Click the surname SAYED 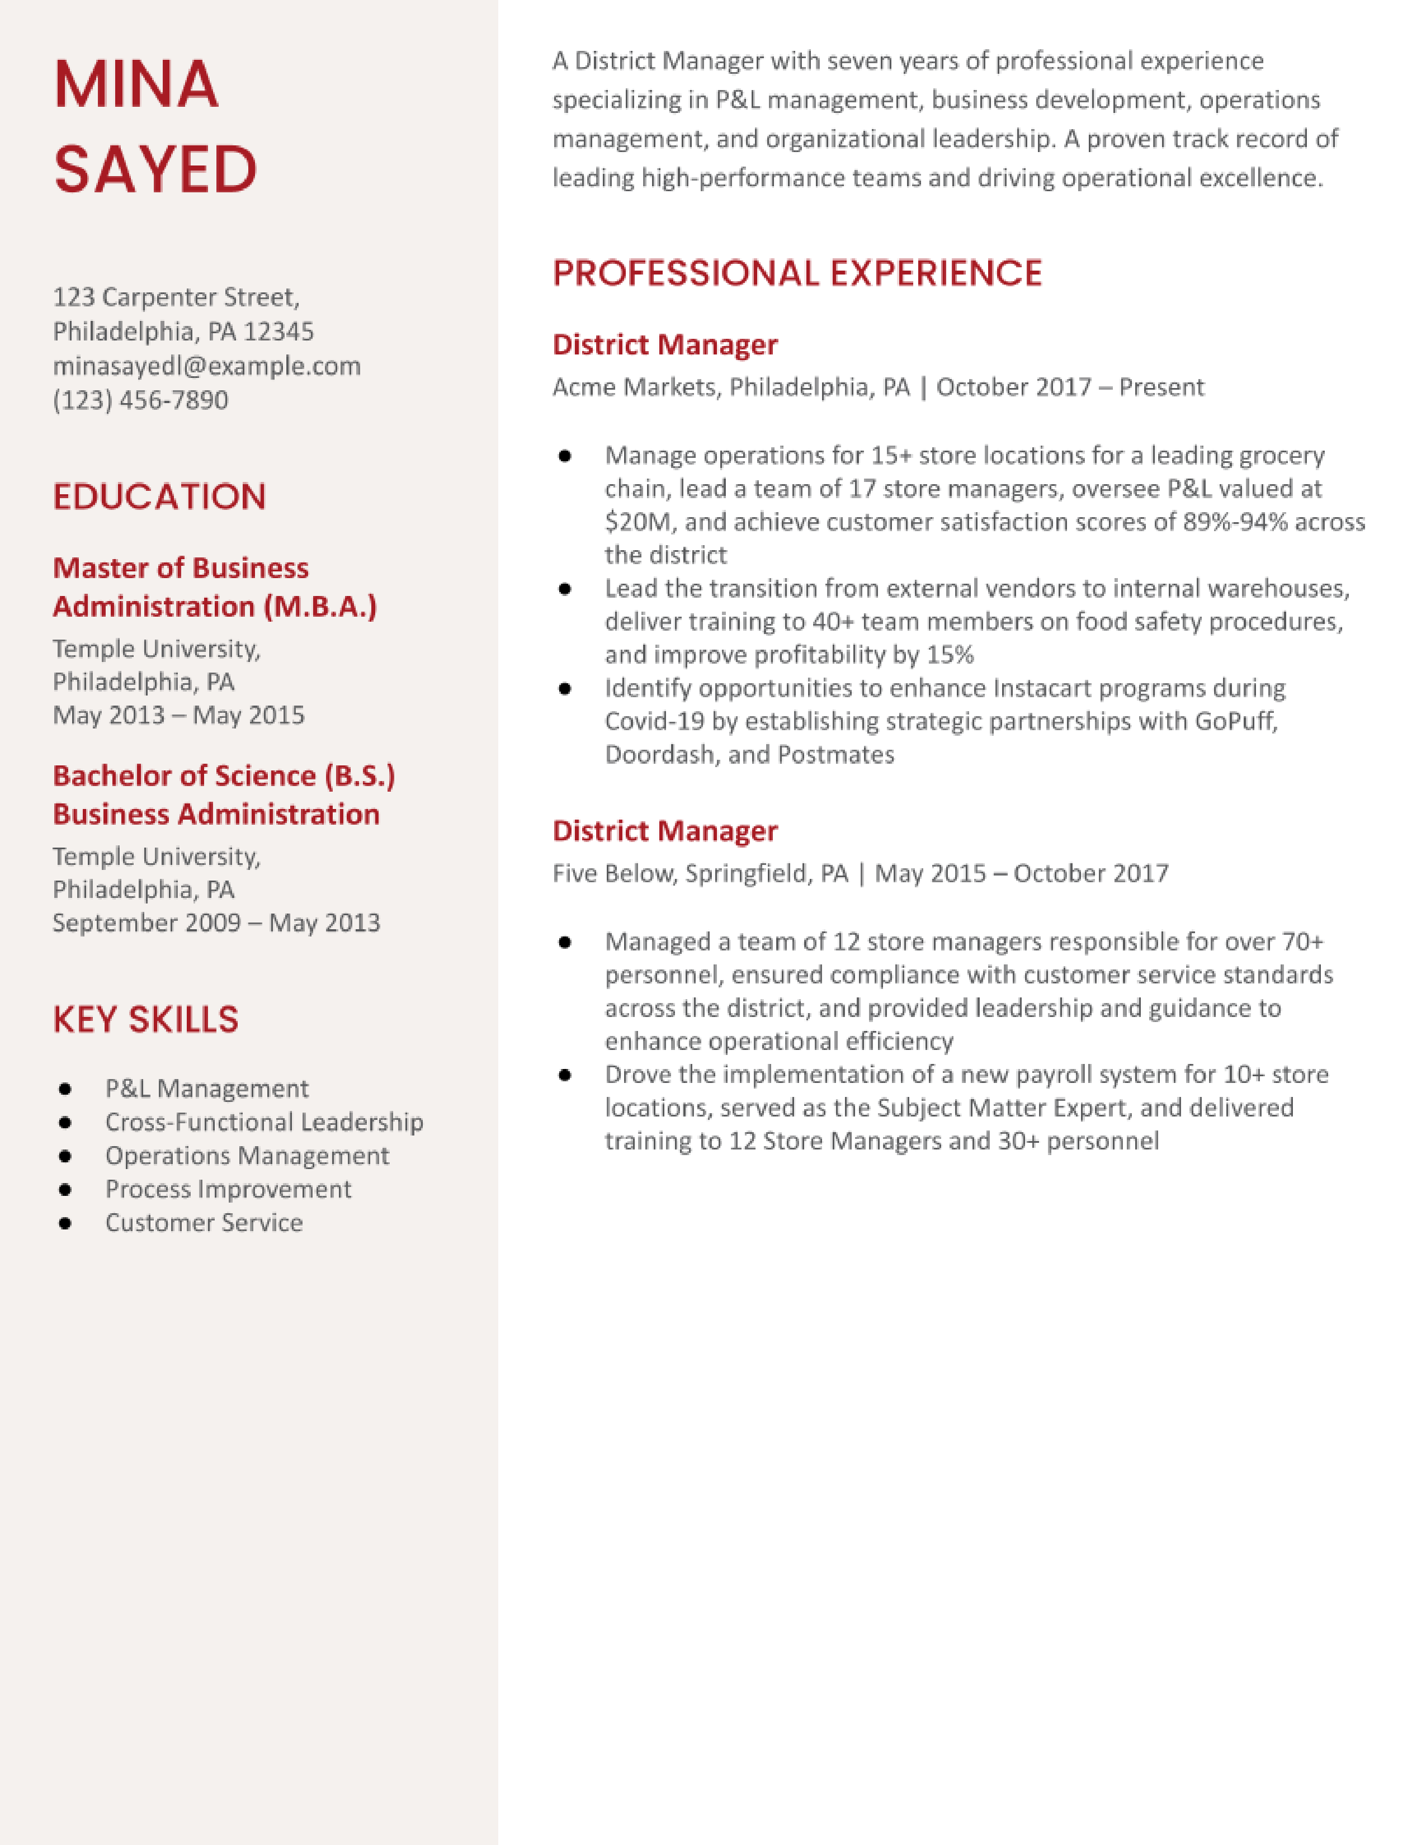155,169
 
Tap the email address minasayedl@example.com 206,366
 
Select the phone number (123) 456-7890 140,400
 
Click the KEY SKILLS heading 145,1020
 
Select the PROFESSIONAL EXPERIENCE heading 797,273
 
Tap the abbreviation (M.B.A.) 320,607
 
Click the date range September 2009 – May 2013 216,922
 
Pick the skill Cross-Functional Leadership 263,1122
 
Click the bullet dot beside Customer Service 65,1223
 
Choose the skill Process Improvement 228,1189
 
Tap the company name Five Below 614,873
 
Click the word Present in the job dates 1161,387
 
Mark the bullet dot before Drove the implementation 565,1075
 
